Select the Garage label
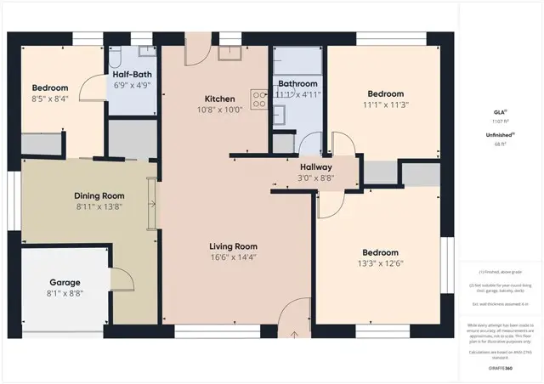click(65, 282)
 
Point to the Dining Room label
click(100, 195)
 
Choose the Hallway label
click(304, 167)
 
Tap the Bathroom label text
click(297, 84)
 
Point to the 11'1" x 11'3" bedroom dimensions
click(386, 105)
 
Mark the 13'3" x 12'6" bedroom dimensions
click(380, 263)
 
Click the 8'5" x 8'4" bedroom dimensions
click(51, 99)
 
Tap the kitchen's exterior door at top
click(197, 48)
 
